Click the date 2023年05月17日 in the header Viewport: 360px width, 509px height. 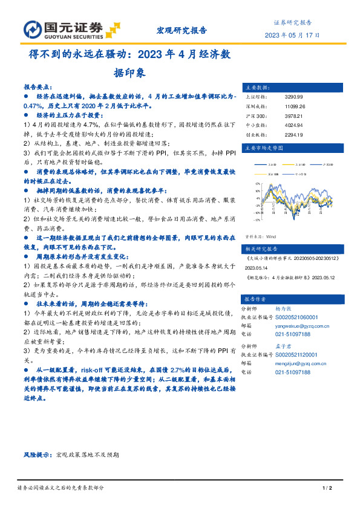(x=293, y=34)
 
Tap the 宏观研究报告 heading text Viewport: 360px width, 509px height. (x=182, y=30)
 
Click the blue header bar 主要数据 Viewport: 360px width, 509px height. (x=288, y=86)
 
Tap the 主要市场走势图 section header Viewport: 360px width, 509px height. (x=288, y=148)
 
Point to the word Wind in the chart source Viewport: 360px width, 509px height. (x=270, y=220)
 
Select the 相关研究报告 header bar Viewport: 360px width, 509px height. (x=288, y=232)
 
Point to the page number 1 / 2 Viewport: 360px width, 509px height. (x=325, y=488)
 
